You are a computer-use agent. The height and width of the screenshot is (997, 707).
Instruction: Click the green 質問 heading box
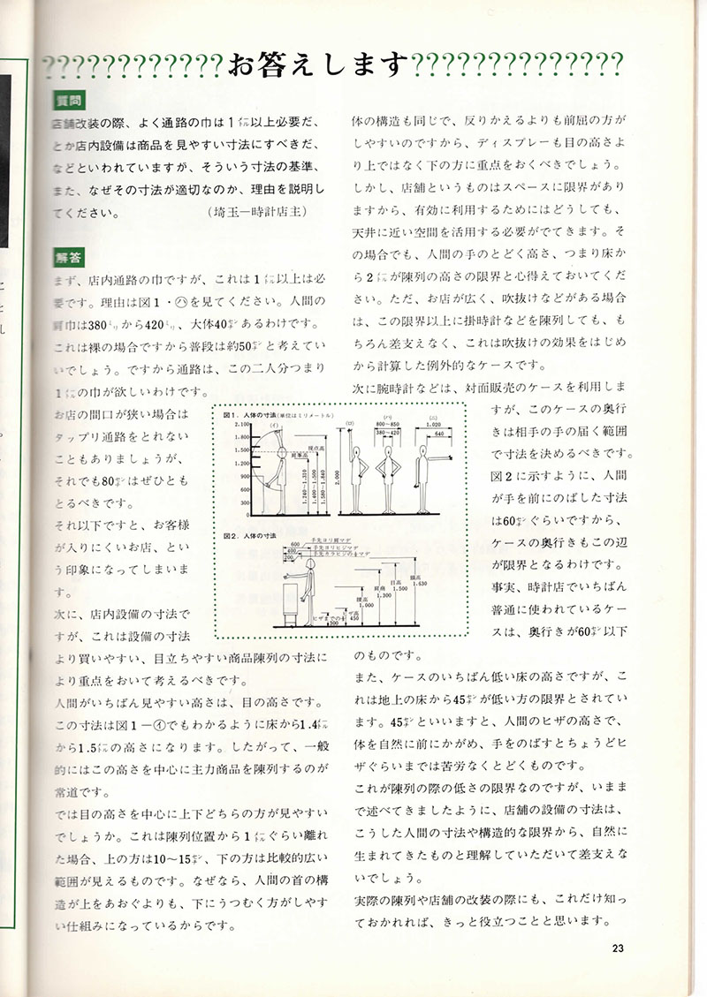pyautogui.click(x=66, y=100)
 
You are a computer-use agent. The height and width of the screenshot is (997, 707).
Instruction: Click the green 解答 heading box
pyautogui.click(x=66, y=258)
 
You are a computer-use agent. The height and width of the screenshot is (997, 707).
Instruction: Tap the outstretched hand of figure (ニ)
pyautogui.click(x=450, y=458)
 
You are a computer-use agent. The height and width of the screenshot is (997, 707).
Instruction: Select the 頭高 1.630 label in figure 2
pyautogui.click(x=422, y=581)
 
